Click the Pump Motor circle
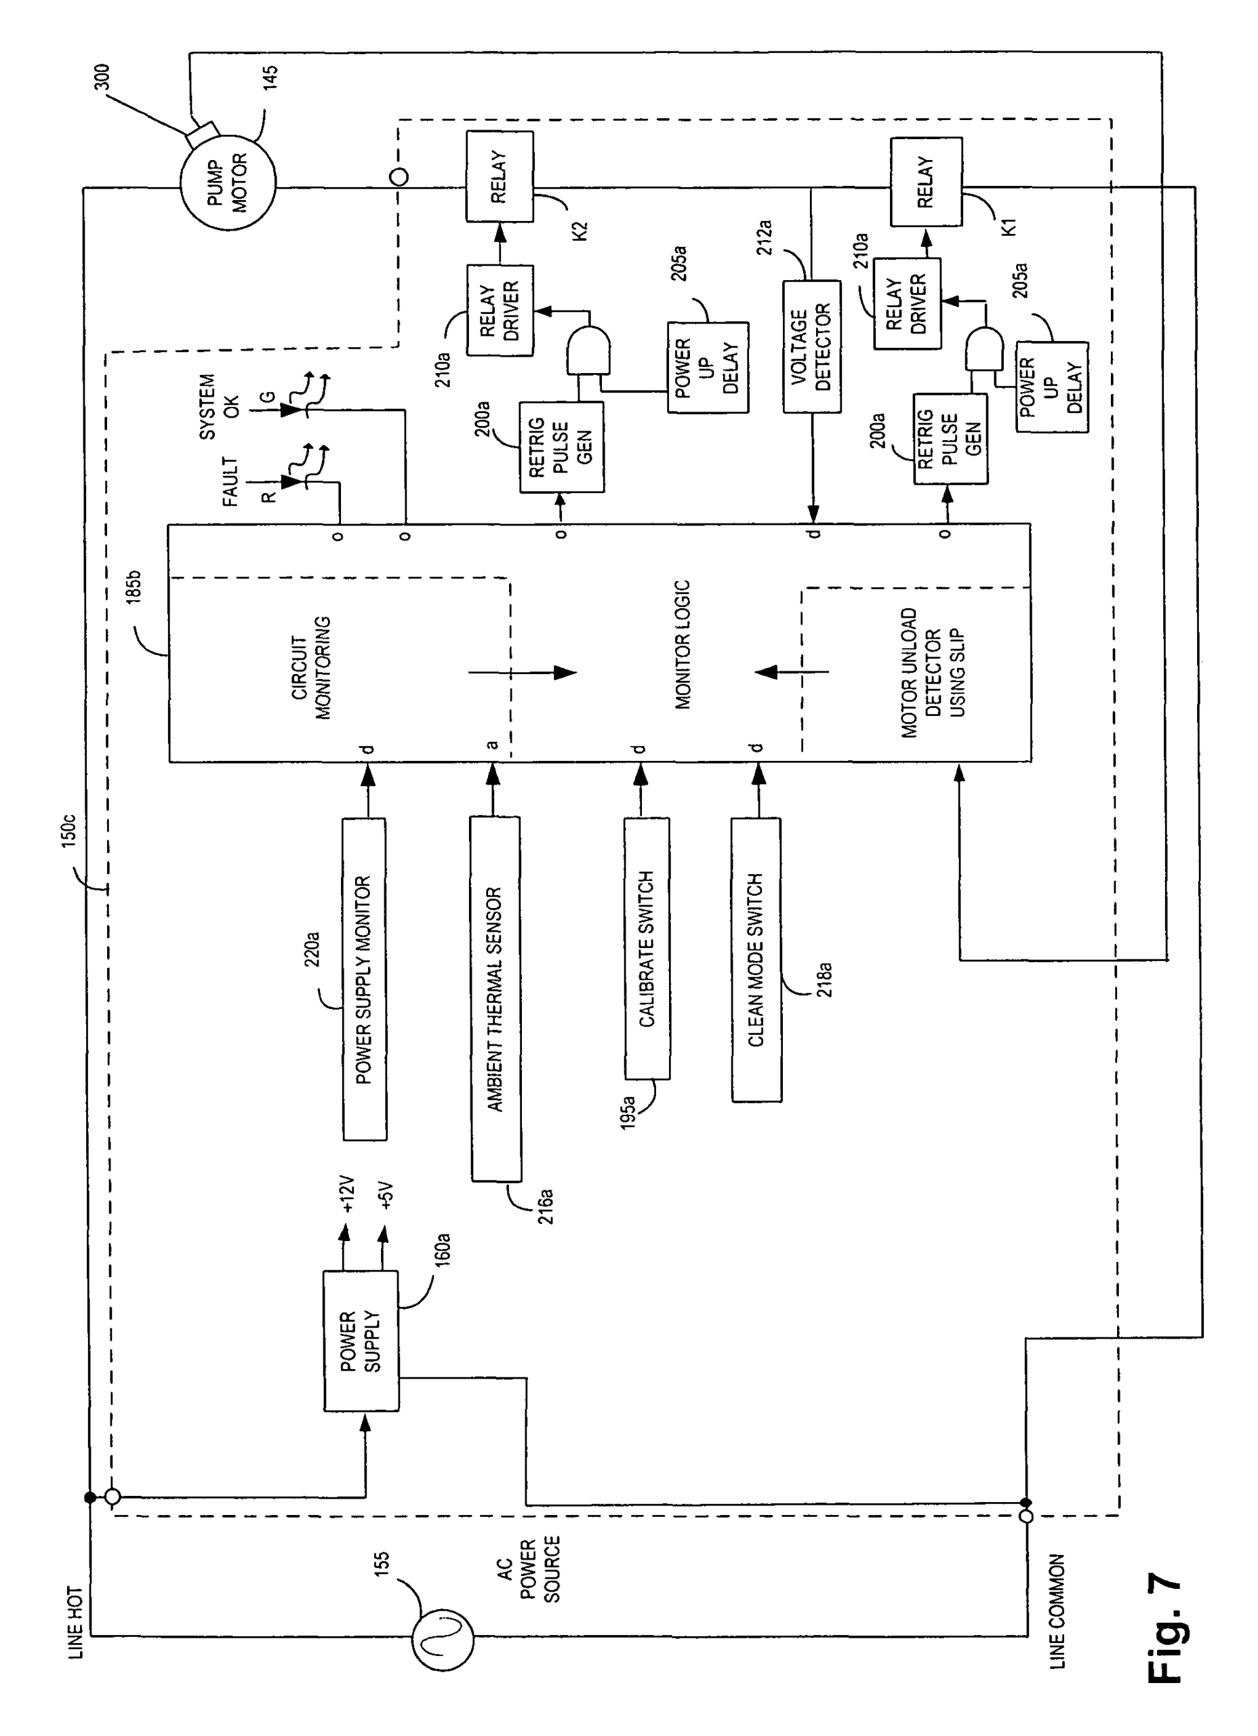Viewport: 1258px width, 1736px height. pyautogui.click(x=228, y=184)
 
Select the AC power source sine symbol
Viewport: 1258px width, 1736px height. pyautogui.click(x=443, y=1640)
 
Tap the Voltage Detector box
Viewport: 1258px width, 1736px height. pyautogui.click(x=811, y=347)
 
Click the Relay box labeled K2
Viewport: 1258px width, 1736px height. pyautogui.click(x=500, y=177)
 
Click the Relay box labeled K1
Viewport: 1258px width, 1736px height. pyautogui.click(x=926, y=182)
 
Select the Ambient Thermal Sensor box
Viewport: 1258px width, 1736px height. pyautogui.click(x=495, y=999)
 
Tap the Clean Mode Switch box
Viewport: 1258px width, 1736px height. pyautogui.click(x=756, y=960)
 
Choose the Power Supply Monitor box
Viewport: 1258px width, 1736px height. pyautogui.click(x=364, y=979)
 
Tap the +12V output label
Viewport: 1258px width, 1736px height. pyautogui.click(x=349, y=1194)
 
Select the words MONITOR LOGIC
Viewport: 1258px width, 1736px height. pyautogui.click(x=683, y=644)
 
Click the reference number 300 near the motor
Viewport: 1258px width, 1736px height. pyautogui.click(x=102, y=77)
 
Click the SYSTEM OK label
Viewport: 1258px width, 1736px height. pyautogui.click(x=219, y=406)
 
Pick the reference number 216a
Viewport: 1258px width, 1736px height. pyautogui.click(x=546, y=1206)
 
